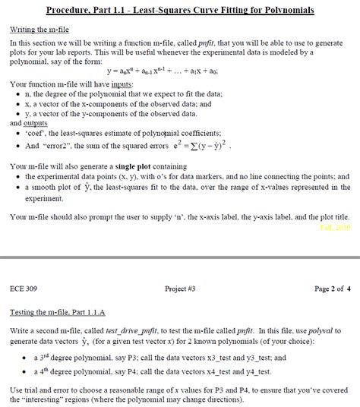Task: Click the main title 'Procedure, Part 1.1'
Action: (179, 11)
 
